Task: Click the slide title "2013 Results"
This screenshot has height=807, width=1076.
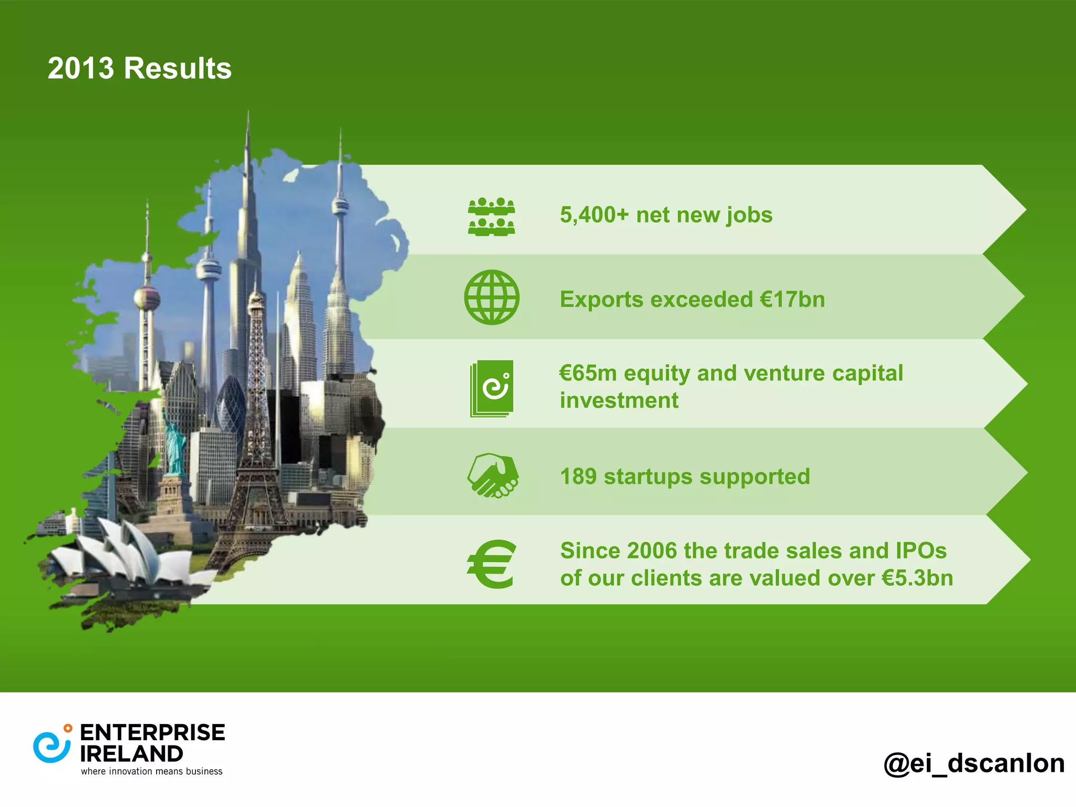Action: click(x=139, y=68)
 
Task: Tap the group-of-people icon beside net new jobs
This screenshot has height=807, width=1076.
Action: click(x=491, y=216)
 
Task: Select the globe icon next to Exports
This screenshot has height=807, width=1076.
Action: click(x=491, y=297)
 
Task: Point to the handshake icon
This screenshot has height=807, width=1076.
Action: click(x=493, y=475)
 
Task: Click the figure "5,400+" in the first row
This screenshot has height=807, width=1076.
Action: click(x=594, y=215)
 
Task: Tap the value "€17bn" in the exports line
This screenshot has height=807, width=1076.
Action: click(x=792, y=299)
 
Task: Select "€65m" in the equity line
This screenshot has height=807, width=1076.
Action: click(x=588, y=373)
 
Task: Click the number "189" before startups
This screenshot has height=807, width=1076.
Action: click(x=578, y=477)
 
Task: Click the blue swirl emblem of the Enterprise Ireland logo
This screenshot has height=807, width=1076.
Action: click(x=51, y=746)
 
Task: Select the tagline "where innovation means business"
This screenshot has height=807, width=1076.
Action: click(x=152, y=771)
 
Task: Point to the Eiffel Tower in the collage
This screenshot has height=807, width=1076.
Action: click(x=256, y=420)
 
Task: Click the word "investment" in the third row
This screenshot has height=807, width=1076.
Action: click(x=619, y=400)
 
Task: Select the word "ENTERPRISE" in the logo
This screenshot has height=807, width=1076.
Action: click(x=152, y=732)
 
